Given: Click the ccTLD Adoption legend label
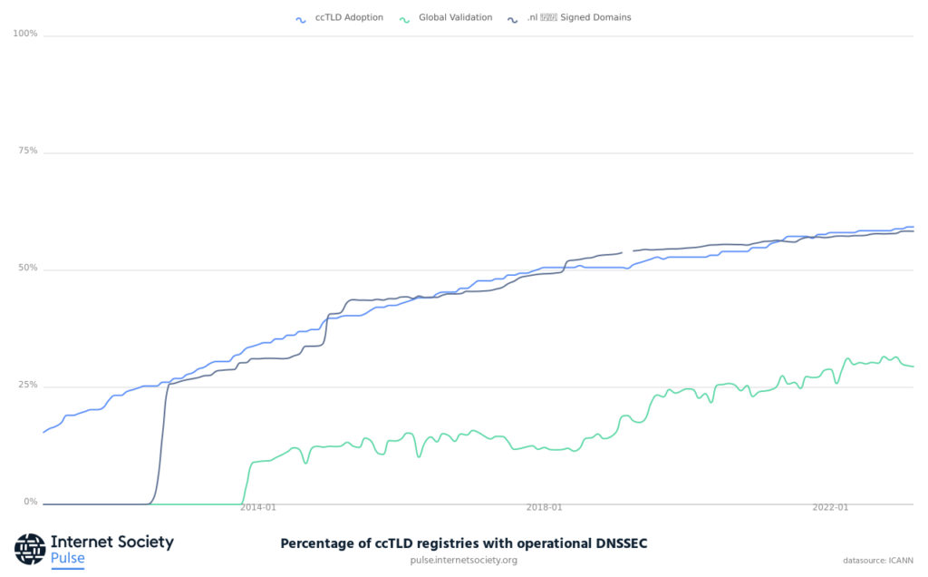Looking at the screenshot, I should [349, 17].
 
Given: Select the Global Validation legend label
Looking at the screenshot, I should [455, 17].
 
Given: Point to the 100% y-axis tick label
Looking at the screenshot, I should [25, 34].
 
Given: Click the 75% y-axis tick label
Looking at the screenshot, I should [27, 152].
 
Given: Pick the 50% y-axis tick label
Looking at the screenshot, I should [27, 269].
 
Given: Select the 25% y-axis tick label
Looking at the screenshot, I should [27, 386].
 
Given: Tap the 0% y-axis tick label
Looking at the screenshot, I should [30, 502].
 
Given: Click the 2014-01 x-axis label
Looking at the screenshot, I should [257, 508].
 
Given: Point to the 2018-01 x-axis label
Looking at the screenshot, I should [544, 508].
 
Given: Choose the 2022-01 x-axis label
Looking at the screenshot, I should [830, 508].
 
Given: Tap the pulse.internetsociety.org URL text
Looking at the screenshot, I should [464, 560].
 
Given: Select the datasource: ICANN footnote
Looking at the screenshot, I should [876, 561].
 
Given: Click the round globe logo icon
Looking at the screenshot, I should [30, 549].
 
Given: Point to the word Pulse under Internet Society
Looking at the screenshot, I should [67, 558].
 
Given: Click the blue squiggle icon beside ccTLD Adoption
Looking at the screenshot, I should [301, 18].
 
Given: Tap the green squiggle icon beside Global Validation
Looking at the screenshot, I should [405, 18].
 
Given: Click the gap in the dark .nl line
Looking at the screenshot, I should [627, 251].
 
